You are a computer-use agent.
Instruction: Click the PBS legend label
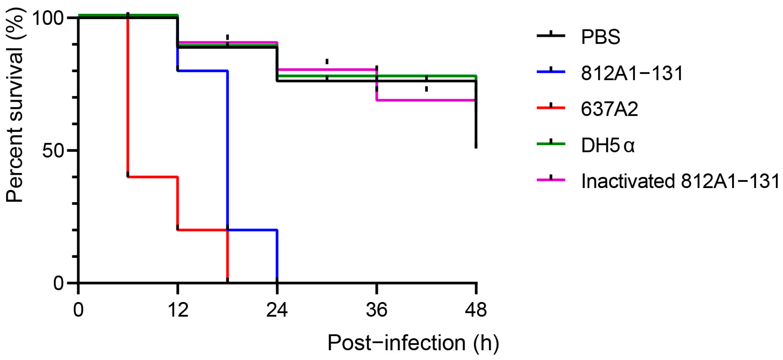tap(600, 37)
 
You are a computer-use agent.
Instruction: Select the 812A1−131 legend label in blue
tap(632, 73)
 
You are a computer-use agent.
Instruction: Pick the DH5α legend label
tap(608, 145)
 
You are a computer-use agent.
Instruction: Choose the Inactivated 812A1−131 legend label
tap(680, 181)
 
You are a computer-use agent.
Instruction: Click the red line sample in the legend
tap(551, 108)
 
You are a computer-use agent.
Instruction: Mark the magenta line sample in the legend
tap(551, 180)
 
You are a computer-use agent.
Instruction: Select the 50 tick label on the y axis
tap(53, 151)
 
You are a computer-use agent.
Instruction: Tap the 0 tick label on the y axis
tap(58, 283)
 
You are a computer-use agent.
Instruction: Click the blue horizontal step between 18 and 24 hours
tap(252, 230)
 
